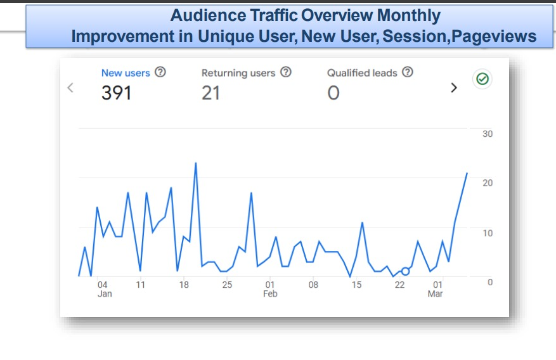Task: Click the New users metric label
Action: coord(126,73)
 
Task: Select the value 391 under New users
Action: coord(116,93)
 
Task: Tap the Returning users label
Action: coord(238,73)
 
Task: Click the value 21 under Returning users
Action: coord(210,93)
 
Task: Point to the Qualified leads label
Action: coord(361,73)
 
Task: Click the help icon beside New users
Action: coord(160,72)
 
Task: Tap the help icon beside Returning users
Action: coord(286,72)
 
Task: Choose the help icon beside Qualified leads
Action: coord(408,72)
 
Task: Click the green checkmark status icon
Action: coord(482,79)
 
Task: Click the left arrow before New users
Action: coord(70,87)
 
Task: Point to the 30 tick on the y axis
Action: coord(487,134)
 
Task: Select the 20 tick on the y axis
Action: coord(487,183)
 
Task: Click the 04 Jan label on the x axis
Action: coord(104,289)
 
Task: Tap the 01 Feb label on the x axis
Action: coord(270,289)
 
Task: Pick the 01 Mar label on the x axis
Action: coord(436,289)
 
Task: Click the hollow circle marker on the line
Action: coord(405,271)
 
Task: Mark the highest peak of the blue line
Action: coord(195,163)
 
